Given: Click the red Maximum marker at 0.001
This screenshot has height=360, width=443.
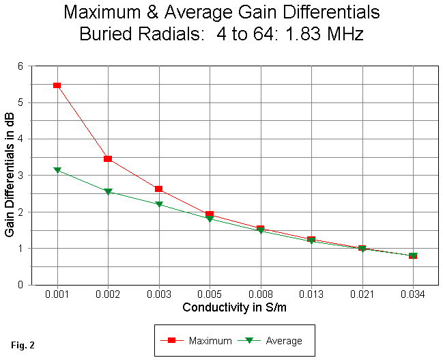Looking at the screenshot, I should click(57, 85).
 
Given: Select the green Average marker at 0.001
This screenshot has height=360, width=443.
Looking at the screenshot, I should click(57, 170).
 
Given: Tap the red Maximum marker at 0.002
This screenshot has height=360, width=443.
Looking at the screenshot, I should click(108, 158).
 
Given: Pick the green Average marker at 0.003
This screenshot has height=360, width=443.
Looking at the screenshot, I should click(159, 204).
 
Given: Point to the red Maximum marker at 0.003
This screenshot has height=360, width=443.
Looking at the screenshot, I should click(159, 189).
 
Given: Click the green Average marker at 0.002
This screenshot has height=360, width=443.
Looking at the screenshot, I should click(108, 192).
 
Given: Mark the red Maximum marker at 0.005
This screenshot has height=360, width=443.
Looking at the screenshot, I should click(210, 214).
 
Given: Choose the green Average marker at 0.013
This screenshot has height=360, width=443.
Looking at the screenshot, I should click(311, 240).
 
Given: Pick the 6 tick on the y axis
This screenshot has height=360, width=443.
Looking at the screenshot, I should click(20, 66).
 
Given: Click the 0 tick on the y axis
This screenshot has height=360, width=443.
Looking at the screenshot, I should click(20, 284).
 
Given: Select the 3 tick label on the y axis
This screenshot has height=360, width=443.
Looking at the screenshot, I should click(20, 176).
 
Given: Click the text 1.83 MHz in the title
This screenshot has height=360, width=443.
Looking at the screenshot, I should click(325, 34).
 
